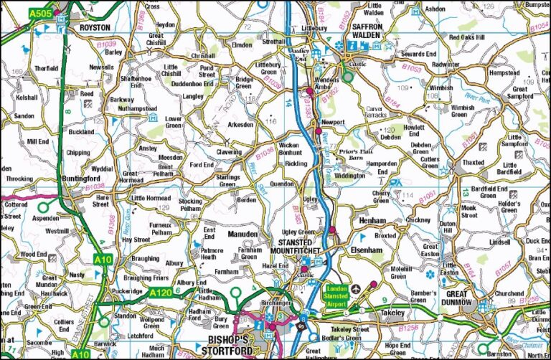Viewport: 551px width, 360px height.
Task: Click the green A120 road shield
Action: pyautogui.click(x=161, y=292)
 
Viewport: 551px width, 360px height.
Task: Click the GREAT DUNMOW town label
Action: pyautogui.click(x=466, y=298)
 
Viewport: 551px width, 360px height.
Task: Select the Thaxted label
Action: pyautogui.click(x=473, y=163)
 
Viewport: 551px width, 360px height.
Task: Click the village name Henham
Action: pyautogui.click(x=374, y=219)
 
